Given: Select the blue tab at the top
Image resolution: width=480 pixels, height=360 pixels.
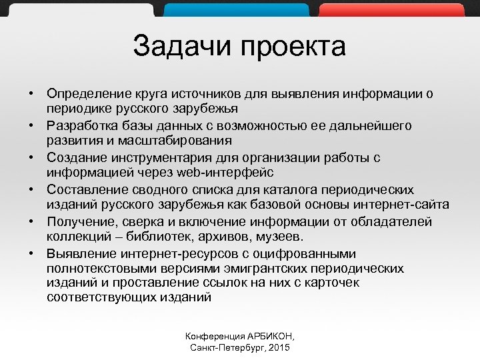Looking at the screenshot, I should click(237, 9).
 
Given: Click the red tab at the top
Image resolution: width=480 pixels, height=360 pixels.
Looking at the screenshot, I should click(391, 9).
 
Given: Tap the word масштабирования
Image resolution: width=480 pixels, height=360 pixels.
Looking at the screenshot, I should click(177, 140).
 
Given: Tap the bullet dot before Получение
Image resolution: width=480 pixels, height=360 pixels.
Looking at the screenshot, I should click(31, 221).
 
